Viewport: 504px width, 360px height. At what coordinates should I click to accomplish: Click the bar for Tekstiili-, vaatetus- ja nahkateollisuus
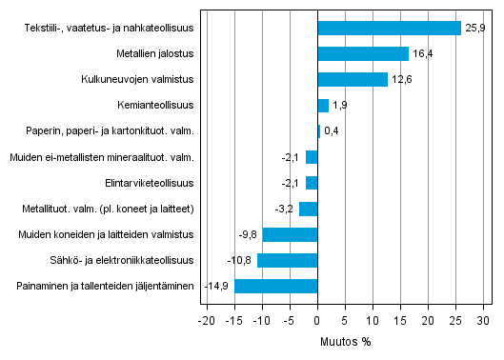click(x=389, y=29)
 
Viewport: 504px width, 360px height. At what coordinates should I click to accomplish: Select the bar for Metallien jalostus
click(x=363, y=54)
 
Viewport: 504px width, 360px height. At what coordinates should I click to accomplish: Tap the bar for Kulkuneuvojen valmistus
click(x=353, y=80)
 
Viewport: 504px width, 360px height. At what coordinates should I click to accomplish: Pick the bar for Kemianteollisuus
click(x=323, y=106)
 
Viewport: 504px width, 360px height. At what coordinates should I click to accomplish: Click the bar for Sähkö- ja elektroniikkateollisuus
click(x=288, y=260)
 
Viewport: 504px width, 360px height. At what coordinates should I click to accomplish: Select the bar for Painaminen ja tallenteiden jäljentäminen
click(x=276, y=286)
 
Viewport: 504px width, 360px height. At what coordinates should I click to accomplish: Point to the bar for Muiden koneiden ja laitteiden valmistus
click(x=291, y=234)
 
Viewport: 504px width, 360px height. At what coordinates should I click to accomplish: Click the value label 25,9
click(x=476, y=29)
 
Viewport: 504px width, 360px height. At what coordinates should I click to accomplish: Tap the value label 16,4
click(x=424, y=54)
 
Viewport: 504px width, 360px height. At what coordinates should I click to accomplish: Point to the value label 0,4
click(x=333, y=131)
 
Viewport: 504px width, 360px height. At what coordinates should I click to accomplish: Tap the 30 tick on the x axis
click(x=484, y=321)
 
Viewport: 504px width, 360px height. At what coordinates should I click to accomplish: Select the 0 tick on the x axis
click(x=317, y=321)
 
